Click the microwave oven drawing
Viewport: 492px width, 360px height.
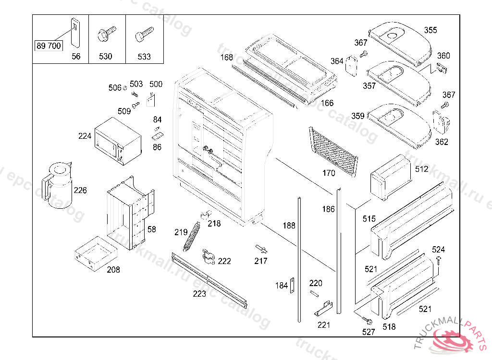(118, 141)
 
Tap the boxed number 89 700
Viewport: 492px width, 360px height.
(49, 46)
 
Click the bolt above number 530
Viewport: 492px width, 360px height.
(107, 33)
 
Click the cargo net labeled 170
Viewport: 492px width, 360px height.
(333, 152)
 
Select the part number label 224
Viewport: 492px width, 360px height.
(85, 136)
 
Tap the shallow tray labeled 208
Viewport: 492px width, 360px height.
(96, 253)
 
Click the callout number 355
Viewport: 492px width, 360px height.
(430, 30)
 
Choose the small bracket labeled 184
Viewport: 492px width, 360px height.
(292, 286)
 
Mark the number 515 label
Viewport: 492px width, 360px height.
(369, 218)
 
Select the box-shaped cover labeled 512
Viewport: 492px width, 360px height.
(391, 177)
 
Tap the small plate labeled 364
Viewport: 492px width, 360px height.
(351, 66)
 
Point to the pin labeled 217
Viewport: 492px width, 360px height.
(261, 249)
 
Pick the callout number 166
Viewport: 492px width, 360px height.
(327, 103)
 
